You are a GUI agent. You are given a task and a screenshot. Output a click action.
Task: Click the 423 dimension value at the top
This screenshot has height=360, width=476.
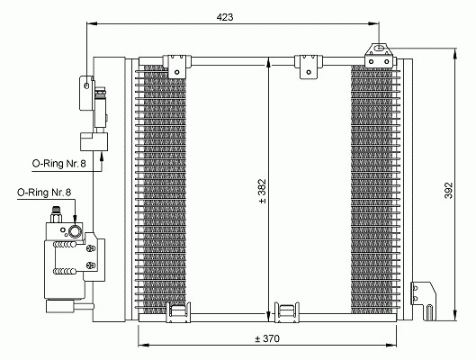pos(225,17)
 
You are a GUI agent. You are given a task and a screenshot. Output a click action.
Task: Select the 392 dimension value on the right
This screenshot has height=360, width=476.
pos(448,190)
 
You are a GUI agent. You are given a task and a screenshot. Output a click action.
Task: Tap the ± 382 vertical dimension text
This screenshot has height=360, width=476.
pos(262,191)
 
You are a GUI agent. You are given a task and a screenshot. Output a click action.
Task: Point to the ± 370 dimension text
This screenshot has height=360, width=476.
pos(267,338)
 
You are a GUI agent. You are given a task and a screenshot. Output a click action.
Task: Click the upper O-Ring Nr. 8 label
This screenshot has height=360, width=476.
pos(58,164)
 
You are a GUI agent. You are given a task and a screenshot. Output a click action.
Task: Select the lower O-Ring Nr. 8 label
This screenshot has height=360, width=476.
pos(44,192)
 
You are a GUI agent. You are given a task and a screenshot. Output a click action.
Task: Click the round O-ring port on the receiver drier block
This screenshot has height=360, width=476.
pos(75,231)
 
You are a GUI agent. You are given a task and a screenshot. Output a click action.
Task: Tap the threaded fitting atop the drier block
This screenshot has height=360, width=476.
pos(56,215)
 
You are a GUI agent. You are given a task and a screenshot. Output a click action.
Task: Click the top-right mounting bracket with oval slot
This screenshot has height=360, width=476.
pos(380,56)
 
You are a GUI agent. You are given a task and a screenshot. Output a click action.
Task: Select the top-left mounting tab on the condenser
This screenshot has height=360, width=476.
pos(177,67)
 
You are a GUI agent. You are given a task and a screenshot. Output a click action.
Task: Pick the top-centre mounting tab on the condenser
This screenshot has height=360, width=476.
pos(309,67)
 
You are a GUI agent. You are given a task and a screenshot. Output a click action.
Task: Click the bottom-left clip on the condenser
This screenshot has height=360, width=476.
pos(178,312)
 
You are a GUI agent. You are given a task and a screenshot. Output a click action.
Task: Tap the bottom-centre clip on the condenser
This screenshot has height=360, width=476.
pos(286,312)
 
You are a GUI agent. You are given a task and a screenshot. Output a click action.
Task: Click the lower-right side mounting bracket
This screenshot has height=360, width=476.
pos(424,301)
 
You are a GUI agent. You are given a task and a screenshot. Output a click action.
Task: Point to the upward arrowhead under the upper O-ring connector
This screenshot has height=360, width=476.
pos(102,156)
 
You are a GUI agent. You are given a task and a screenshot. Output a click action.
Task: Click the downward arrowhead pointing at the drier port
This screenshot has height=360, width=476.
pos(75,221)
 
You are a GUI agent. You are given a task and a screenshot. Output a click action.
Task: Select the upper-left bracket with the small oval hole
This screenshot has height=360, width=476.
pos(86,94)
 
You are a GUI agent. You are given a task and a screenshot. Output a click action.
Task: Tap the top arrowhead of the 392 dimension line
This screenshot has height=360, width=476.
pos(454,54)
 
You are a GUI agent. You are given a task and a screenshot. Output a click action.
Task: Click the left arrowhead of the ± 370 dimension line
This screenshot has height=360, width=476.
pos(144,345)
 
